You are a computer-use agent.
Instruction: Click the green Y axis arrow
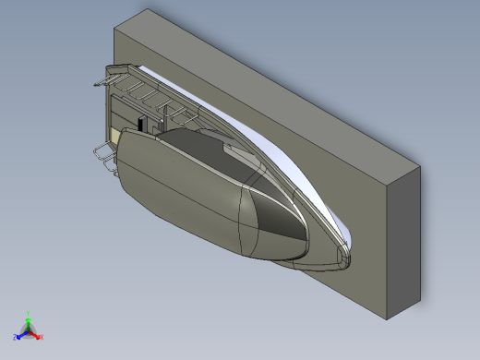pyautogui.click(x=29, y=319)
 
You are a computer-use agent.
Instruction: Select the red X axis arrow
pyautogui.click(x=36, y=334)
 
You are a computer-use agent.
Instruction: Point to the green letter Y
pyautogui.click(x=29, y=313)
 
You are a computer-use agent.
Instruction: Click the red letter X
pyautogui.click(x=42, y=337)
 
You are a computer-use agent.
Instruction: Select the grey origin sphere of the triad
pyautogui.click(x=29, y=330)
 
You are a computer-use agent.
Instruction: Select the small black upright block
pyautogui.click(x=140, y=124)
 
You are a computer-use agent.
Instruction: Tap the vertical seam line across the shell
pyautogui.click(x=243, y=222)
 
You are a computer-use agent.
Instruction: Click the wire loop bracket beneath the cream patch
pyautogui.click(x=104, y=157)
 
